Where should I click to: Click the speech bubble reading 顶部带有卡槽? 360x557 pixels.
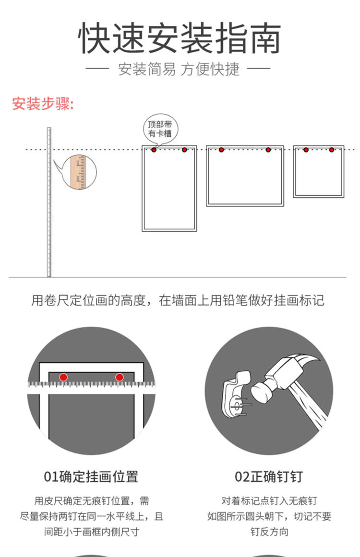pos(159,128)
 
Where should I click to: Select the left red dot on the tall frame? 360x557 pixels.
pos(154,150)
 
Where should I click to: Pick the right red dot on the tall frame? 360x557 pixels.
pos(184,150)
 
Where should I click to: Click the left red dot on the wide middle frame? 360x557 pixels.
pos(221,150)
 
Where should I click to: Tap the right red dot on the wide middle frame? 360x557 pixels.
pos(268,150)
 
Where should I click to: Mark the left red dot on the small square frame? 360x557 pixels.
pos(306,150)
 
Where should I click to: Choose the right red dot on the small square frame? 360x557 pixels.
pos(331,150)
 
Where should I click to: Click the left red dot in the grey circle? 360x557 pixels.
pos(63,377)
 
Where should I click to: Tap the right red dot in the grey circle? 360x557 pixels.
pos(119,377)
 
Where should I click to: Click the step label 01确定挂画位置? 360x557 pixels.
pos(91,477)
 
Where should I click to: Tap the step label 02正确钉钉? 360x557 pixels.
pos(269,477)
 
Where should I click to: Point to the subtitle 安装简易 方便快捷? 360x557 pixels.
pos(179,70)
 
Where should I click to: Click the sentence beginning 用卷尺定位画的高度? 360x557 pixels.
pos(178,301)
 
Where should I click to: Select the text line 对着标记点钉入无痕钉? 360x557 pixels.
pos(269,501)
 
